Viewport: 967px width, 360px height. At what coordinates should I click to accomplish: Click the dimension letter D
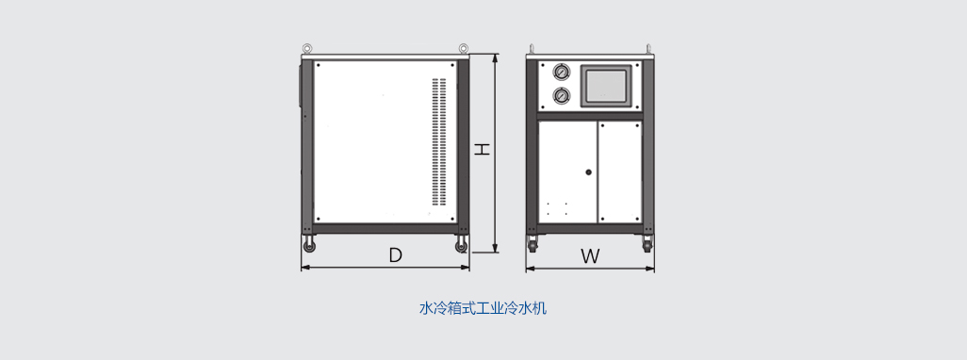[x=395, y=255]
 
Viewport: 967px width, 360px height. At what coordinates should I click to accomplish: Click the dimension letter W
[x=590, y=255]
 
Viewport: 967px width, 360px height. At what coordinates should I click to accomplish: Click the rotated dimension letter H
[x=483, y=149]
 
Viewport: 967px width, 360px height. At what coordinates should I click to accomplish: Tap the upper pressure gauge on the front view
[x=561, y=74]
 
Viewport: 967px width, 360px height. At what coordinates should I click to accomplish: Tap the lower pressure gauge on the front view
[x=561, y=95]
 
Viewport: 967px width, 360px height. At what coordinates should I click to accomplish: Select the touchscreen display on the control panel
[x=607, y=86]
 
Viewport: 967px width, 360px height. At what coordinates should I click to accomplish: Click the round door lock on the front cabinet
[x=588, y=172]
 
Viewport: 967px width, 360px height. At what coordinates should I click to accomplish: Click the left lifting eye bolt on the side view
[x=306, y=48]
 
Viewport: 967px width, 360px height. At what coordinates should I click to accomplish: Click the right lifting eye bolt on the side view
[x=464, y=48]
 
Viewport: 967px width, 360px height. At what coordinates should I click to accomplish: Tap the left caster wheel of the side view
[x=309, y=246]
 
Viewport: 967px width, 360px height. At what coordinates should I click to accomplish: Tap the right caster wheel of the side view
[x=461, y=246]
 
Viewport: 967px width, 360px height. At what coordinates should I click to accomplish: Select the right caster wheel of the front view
[x=647, y=245]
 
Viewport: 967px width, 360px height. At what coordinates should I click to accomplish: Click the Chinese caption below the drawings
[x=483, y=308]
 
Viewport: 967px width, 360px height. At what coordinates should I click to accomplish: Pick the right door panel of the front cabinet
[x=620, y=172]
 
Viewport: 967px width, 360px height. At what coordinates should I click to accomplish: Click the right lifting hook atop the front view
[x=647, y=48]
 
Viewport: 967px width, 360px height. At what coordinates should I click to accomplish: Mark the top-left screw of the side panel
[x=319, y=64]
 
